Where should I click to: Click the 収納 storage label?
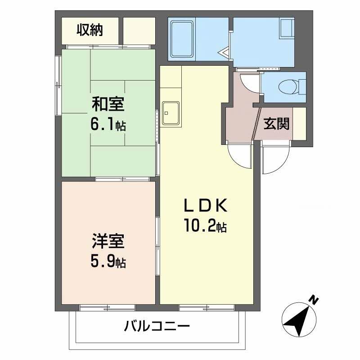pyautogui.click(x=90, y=30)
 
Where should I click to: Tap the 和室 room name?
pyautogui.click(x=108, y=104)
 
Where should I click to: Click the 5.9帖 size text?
pyautogui.click(x=108, y=261)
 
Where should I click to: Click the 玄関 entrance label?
pyautogui.click(x=276, y=124)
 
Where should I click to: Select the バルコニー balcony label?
pyautogui.click(x=157, y=326)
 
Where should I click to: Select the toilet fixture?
pyautogui.click(x=288, y=85)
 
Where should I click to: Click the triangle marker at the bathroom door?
pyautogui.click(x=224, y=54)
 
